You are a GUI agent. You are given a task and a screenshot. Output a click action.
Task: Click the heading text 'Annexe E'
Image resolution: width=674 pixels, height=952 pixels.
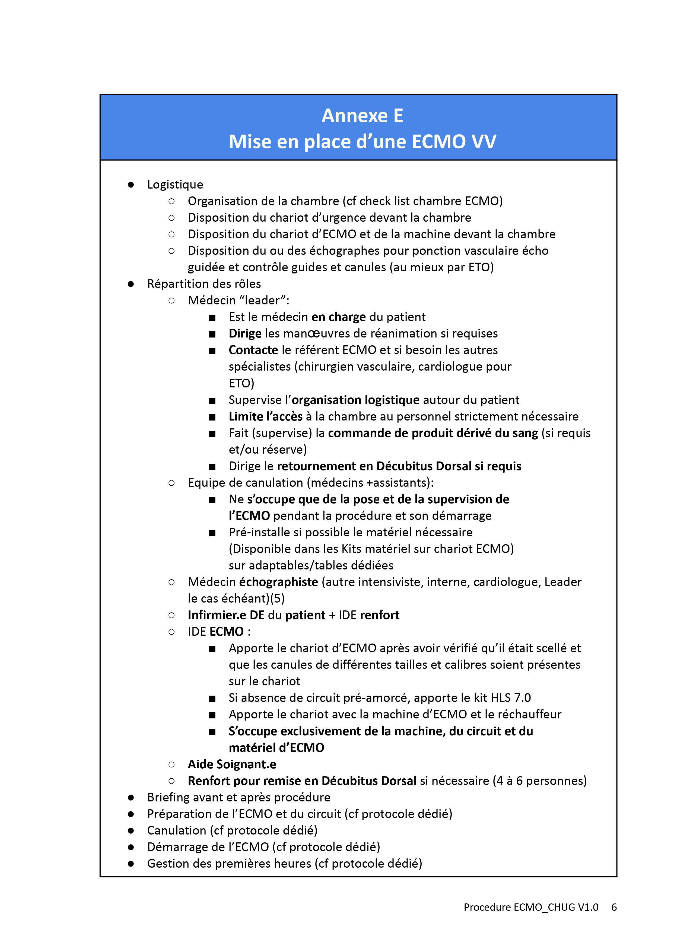pos(362,116)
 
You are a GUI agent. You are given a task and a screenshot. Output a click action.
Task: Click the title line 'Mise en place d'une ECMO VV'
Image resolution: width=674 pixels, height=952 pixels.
pos(362,142)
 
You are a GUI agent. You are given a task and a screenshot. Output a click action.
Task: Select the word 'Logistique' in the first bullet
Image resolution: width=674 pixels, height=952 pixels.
pos(175,185)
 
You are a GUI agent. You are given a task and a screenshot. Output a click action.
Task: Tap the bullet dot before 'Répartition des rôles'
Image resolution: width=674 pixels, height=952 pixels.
pos(131,284)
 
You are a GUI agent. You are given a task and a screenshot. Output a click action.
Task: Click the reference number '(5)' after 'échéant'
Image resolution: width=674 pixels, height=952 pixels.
pos(277,598)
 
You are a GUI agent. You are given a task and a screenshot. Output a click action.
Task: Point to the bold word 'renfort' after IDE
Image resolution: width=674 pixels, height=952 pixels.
pos(380,615)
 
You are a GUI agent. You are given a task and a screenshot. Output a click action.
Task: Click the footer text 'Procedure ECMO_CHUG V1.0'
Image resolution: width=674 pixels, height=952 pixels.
pos(531,907)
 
